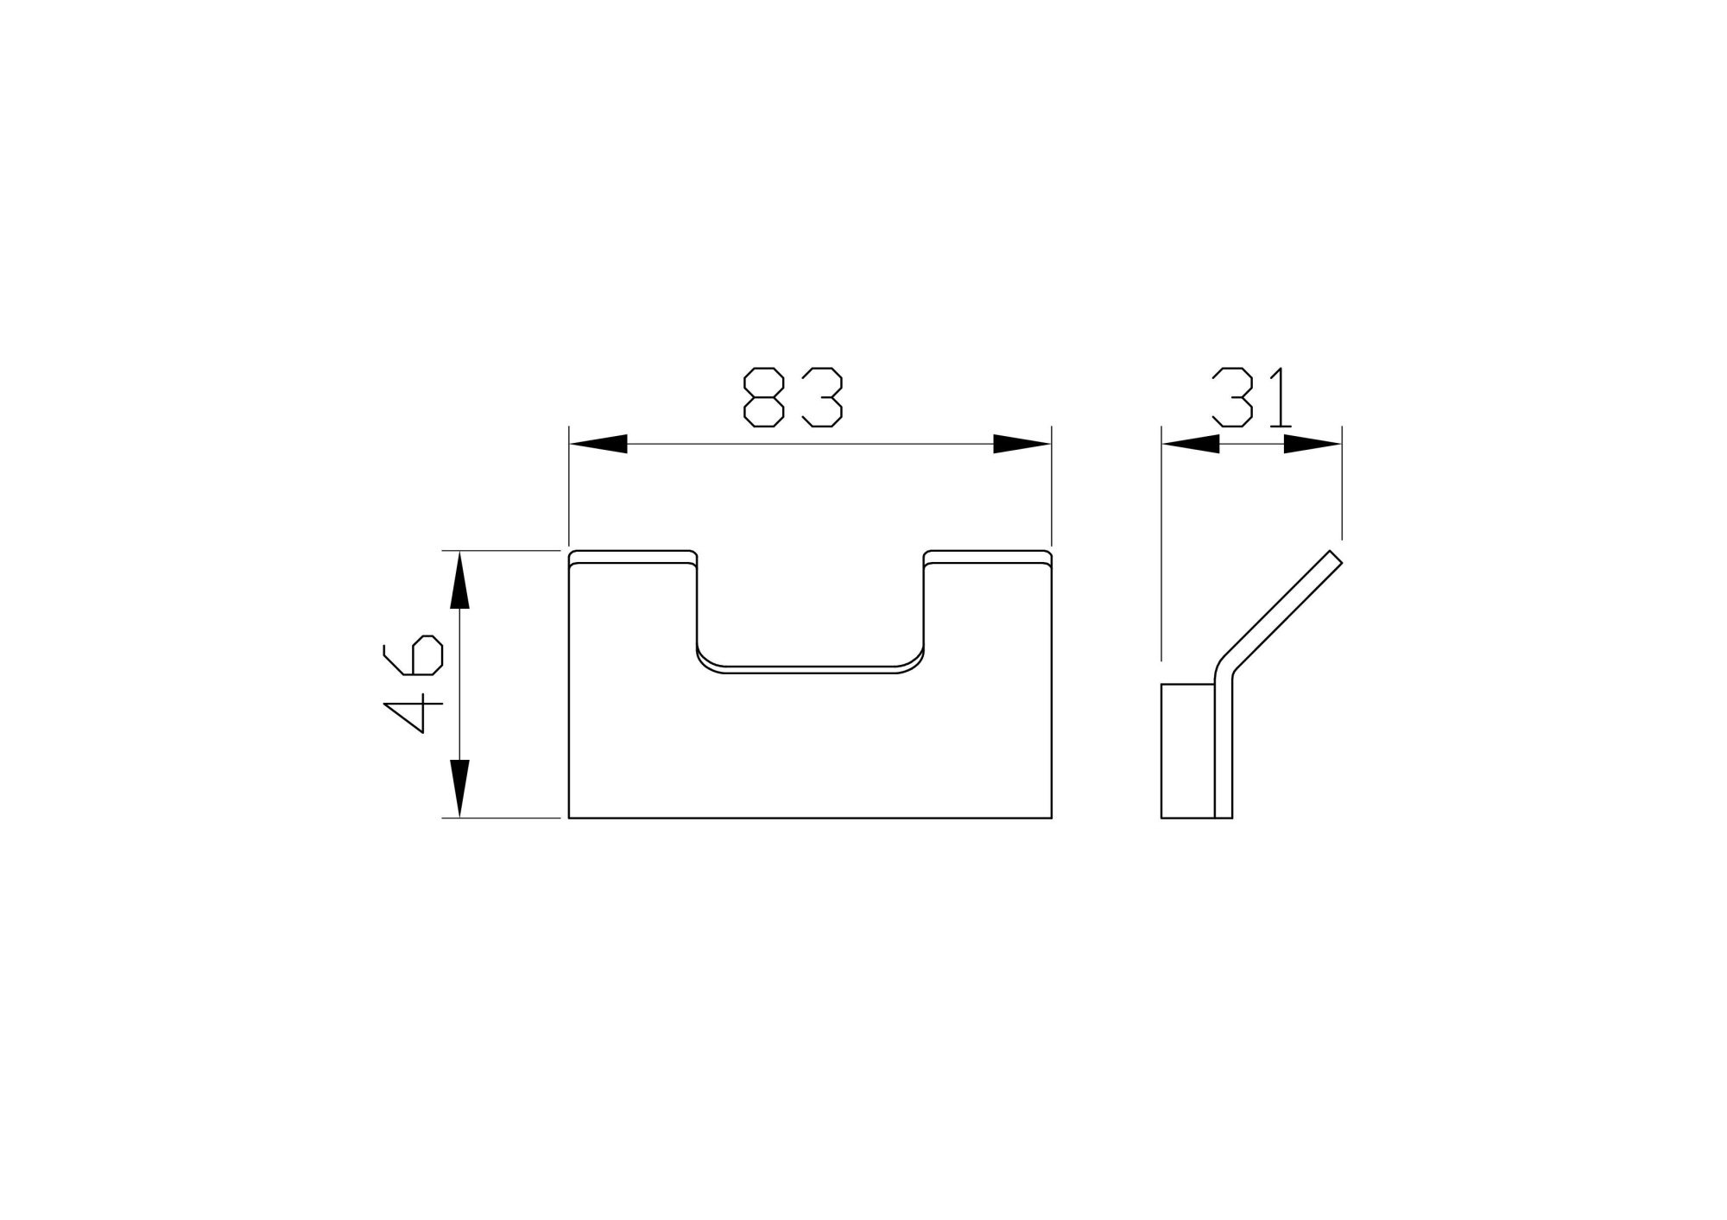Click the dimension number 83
pos(793,397)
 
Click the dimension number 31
pos(1251,397)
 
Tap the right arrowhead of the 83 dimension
pos(1022,444)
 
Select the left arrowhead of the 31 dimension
pos(1191,444)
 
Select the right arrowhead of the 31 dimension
pos(1312,444)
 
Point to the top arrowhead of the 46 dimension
pos(459,579)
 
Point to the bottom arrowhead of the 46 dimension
pos(459,788)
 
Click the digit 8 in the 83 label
pos(763,397)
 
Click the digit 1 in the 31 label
pos(1280,397)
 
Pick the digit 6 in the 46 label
pos(423,655)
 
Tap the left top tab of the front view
pos(633,556)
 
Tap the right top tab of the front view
pos(988,556)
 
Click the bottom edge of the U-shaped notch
pos(810,669)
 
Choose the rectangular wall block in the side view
pos(1187,750)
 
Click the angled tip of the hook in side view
pos(1335,558)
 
